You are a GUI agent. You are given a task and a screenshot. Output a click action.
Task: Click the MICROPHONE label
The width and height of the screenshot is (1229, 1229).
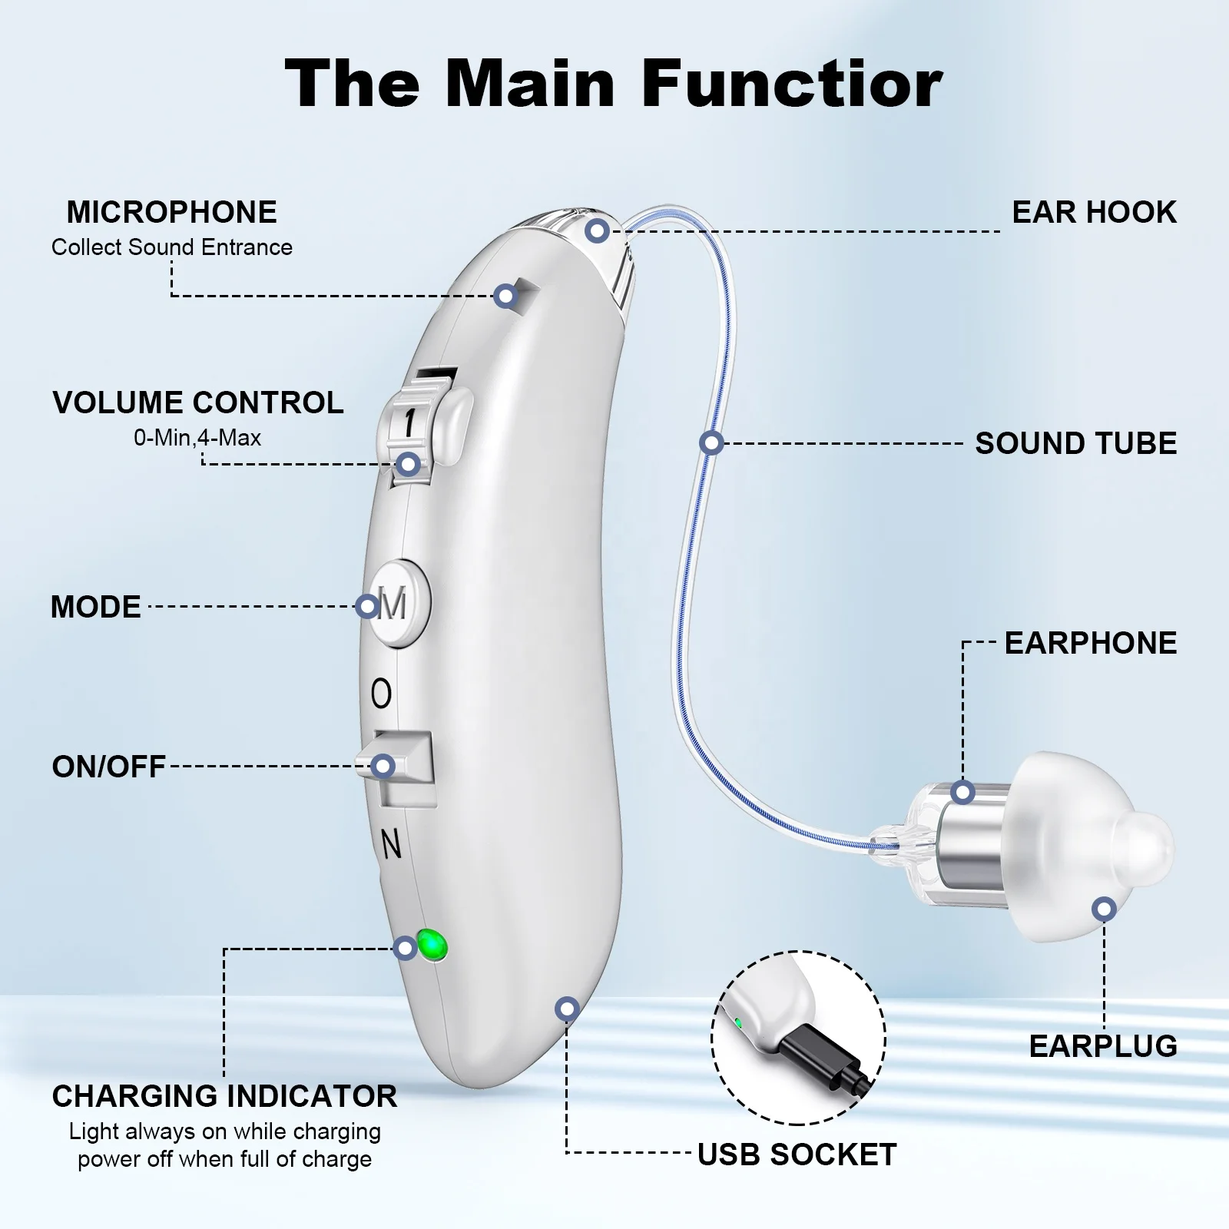171,212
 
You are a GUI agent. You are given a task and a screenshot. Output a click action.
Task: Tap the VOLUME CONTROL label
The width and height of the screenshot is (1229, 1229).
198,402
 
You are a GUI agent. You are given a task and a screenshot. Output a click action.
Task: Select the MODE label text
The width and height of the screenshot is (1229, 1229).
96,607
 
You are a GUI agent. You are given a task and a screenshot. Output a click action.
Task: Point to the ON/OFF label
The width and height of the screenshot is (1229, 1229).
108,767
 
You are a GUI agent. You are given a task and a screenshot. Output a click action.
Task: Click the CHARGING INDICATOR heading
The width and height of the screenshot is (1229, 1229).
224,1096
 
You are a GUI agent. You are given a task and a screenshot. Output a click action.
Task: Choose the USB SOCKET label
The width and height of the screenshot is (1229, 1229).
797,1154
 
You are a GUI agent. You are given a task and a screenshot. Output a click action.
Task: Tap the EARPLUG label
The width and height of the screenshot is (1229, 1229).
1103,1046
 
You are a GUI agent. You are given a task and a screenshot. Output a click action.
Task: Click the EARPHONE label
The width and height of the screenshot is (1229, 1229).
1091,643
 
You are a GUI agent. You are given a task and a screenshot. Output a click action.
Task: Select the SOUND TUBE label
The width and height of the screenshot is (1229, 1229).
1076,443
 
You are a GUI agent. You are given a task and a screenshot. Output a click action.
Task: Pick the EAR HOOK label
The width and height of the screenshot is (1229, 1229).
1094,212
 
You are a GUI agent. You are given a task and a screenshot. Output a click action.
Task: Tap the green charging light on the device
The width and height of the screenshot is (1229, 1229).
432,943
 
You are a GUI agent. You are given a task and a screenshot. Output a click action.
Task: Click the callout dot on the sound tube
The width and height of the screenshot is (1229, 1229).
712,443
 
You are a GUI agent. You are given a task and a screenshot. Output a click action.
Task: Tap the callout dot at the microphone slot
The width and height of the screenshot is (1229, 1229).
505,296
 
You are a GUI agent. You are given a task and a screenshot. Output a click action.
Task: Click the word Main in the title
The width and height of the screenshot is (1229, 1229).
530,83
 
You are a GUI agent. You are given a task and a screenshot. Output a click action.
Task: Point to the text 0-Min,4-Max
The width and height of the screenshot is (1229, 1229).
197,438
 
